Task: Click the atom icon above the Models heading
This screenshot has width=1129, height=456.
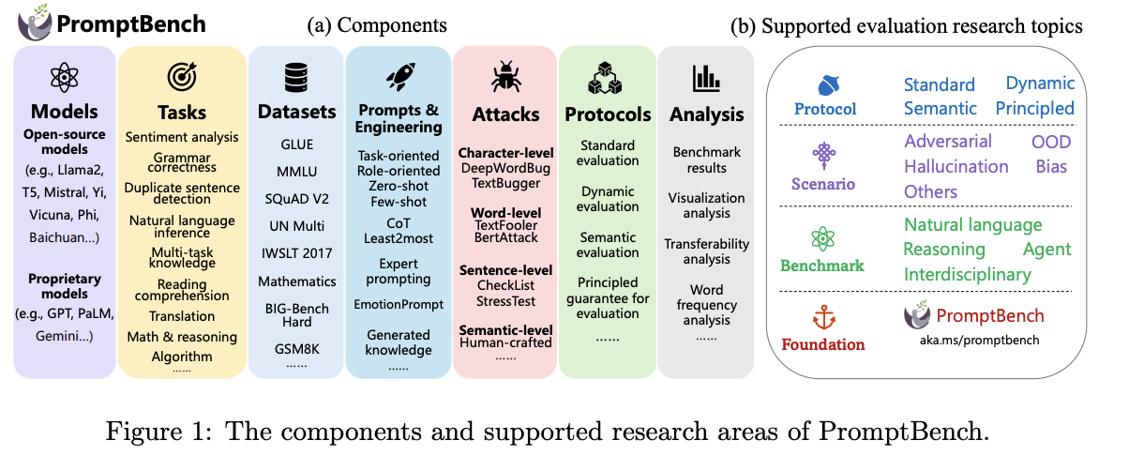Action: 63,77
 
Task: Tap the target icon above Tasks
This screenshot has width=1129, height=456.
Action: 181,77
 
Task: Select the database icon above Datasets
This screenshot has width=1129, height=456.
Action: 295,77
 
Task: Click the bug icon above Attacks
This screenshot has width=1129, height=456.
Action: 504,78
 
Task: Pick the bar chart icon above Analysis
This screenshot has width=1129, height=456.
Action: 705,78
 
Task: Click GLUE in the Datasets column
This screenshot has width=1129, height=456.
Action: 295,144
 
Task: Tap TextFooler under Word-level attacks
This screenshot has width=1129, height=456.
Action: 505,225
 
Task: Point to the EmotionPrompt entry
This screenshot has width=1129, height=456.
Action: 399,304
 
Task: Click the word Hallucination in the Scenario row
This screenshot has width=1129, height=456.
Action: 956,166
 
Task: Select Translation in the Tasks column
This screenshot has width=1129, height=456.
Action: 182,316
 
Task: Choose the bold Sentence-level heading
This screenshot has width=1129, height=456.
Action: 505,270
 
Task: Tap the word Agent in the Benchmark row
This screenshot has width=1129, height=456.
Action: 1046,249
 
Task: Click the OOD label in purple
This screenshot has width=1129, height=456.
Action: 1050,142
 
